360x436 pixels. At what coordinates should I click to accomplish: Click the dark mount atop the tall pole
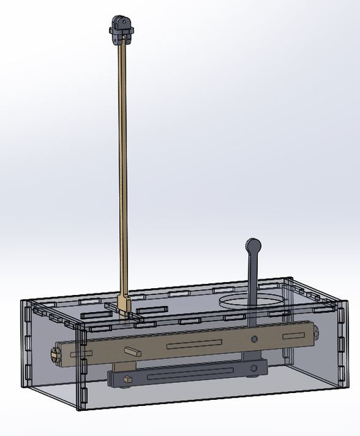click(121, 28)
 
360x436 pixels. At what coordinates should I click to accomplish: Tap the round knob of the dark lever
click(253, 245)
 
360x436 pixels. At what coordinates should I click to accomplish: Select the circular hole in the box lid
click(249, 300)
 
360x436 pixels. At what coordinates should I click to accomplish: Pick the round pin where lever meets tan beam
click(255, 339)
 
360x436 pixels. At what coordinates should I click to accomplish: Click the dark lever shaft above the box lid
click(253, 279)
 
